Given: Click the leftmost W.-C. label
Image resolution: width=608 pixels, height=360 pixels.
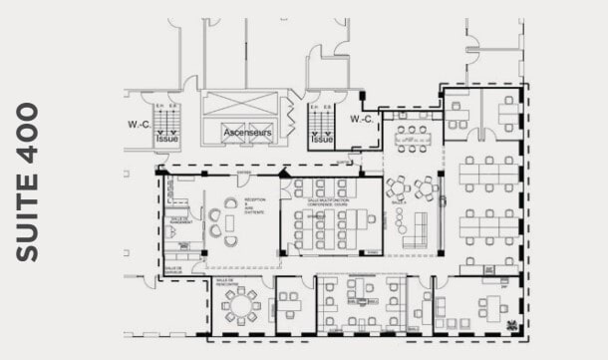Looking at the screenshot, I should coord(139,124).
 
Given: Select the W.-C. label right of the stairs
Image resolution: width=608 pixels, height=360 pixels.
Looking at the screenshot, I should coord(361,120).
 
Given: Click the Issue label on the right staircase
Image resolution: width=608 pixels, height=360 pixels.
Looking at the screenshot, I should coord(322,140).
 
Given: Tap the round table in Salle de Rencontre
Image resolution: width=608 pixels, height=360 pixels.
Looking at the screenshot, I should coord(240,301).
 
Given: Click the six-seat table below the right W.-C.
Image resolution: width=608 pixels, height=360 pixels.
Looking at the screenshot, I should coord(411,137).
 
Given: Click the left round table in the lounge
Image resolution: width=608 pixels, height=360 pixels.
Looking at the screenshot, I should coord(398,186).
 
